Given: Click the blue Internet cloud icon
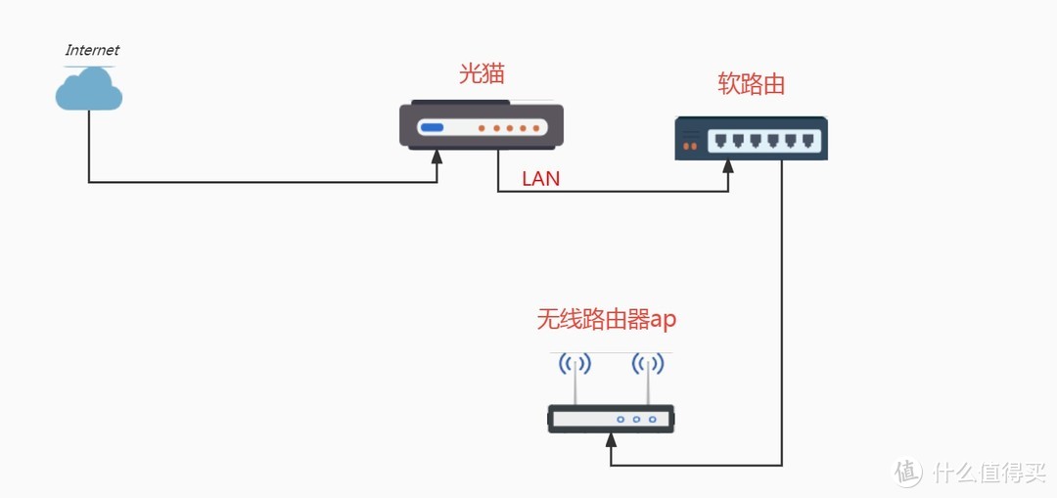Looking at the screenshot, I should pos(89,90).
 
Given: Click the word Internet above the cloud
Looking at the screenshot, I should pos(92,50).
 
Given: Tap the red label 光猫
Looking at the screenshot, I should pos(482,74).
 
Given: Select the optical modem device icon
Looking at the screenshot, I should pos(481,125).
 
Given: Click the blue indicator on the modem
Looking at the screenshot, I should pos(432,128).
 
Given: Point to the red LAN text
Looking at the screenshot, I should pos(541,179).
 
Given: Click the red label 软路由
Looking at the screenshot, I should pos(752,84).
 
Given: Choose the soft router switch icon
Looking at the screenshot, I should pos(752,138).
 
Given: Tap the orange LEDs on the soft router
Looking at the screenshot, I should pos(690,146).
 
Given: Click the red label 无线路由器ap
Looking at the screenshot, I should pos(607,319).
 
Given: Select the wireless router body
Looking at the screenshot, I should pos(611,420).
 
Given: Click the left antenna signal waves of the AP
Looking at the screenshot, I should pos(574,365).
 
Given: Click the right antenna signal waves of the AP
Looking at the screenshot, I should pos(647,365).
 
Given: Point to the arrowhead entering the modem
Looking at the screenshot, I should pos(437,158).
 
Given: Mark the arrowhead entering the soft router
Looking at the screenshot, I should pos(728,168).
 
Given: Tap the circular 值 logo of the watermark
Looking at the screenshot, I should pos(908,473).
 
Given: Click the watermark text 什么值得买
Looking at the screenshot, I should pos(988,474).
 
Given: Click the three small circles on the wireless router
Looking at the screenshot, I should pos(636,420).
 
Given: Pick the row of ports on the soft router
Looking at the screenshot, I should pos(762,140).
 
